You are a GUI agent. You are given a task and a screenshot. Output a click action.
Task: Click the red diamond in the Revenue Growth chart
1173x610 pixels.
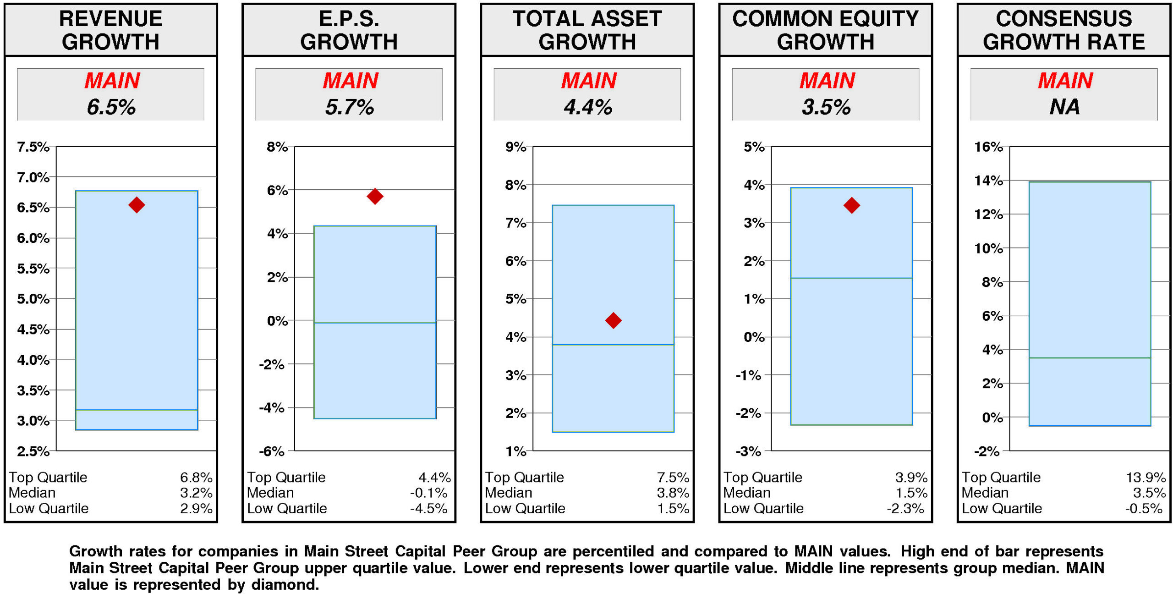pyautogui.click(x=137, y=204)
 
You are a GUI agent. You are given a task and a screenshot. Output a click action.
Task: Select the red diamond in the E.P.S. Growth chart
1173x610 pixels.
pyautogui.click(x=375, y=196)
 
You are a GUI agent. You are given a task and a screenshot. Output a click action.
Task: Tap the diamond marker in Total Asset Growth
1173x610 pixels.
pyautogui.click(x=613, y=320)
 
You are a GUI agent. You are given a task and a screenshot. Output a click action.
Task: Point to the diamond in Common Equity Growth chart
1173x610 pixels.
pyautogui.click(x=851, y=205)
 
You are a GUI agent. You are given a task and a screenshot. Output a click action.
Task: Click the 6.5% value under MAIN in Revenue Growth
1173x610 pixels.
pyautogui.click(x=111, y=107)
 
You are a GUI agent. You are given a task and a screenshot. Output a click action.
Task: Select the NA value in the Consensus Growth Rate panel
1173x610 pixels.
pyautogui.click(x=1064, y=107)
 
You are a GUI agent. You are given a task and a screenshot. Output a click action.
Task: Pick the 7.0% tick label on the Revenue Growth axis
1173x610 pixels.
pyautogui.click(x=33, y=177)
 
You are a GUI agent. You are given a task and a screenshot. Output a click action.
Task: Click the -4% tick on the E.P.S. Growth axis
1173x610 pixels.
pyautogui.click(x=272, y=407)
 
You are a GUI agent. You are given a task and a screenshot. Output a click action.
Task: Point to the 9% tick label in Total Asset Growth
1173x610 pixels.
pyautogui.click(x=515, y=147)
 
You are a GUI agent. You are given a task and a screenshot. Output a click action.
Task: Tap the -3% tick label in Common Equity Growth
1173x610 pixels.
pyautogui.click(x=748, y=451)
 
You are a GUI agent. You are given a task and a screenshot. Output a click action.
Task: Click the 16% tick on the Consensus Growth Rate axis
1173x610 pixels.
pyautogui.click(x=988, y=147)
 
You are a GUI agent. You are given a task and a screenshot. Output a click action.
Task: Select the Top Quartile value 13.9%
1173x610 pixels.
pyautogui.click(x=1146, y=478)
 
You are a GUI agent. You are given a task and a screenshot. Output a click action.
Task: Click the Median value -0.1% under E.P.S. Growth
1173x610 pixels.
pyautogui.click(x=428, y=493)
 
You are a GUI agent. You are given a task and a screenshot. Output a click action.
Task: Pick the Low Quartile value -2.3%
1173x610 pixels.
pyautogui.click(x=905, y=509)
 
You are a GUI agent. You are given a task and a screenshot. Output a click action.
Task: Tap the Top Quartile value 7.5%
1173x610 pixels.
pyautogui.click(x=673, y=478)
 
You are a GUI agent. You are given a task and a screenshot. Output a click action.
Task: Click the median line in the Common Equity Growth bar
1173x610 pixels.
pyautogui.click(x=851, y=278)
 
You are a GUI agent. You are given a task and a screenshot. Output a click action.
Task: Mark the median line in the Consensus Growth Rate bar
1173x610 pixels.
pyautogui.click(x=1090, y=358)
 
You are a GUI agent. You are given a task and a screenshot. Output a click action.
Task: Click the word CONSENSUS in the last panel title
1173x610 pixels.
pyautogui.click(x=1063, y=19)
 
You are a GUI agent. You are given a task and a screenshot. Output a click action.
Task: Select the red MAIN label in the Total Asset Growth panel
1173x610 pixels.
pyautogui.click(x=589, y=81)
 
